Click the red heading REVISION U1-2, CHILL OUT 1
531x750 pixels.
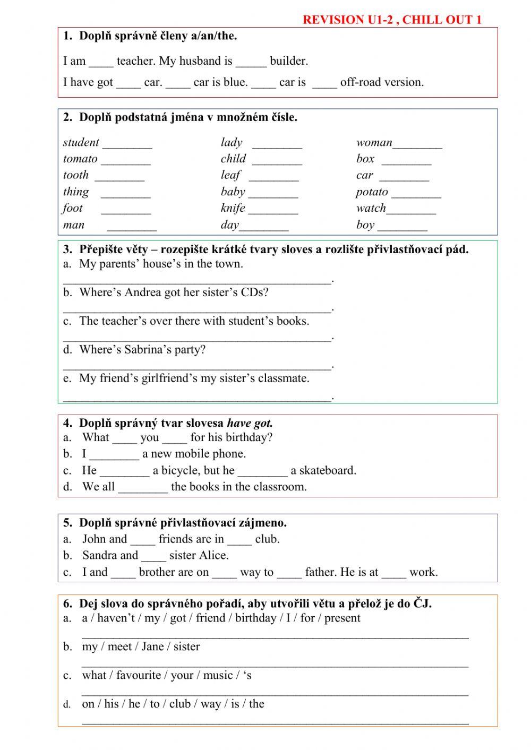pos(391,20)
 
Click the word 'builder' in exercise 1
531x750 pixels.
pos(288,61)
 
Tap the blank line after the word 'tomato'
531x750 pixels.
pos(126,161)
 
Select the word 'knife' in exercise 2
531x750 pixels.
pos(233,208)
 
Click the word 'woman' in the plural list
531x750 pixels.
pos(374,142)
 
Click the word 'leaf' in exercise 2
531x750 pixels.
pos(230,175)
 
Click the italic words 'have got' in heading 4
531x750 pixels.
pos(249,424)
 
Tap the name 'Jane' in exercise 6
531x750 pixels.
pos(152,646)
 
